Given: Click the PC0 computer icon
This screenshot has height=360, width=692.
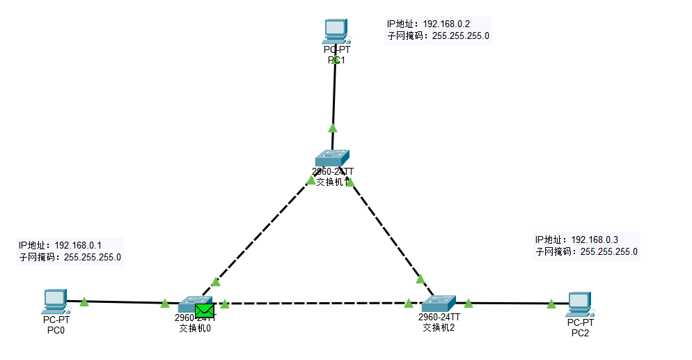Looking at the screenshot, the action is [54, 301].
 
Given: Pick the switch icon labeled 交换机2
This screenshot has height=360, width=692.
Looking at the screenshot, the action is [438, 304].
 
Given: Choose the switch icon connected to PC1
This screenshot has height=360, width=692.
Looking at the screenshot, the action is [331, 158].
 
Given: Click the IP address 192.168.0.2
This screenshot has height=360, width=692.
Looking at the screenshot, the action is [451, 24].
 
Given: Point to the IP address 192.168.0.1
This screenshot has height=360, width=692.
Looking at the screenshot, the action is [78, 245].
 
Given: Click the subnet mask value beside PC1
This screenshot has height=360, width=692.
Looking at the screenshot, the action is [461, 36].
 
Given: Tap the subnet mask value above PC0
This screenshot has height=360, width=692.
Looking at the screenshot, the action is [93, 257].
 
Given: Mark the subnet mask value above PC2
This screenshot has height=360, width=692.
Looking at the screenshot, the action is [608, 251].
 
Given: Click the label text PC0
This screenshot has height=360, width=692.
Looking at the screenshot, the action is [56, 330].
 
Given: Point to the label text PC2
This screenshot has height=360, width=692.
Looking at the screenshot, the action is [580, 333].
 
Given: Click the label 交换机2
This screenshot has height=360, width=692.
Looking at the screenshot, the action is [439, 327].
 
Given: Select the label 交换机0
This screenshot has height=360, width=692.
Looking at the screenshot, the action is [195, 328].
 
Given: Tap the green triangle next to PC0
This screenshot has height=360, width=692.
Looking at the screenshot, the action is [84, 302].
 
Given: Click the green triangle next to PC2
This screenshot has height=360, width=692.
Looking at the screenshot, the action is [551, 304].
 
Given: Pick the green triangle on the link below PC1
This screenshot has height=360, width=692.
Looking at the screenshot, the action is [333, 127].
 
